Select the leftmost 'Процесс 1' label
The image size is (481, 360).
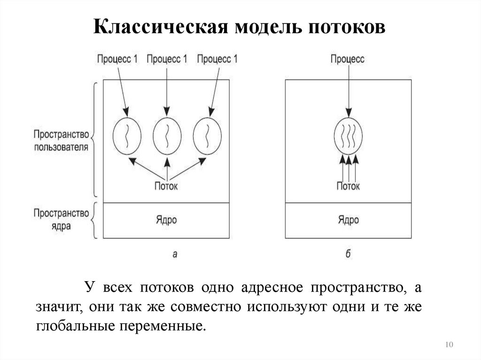117,59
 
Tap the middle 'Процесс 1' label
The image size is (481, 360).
167,59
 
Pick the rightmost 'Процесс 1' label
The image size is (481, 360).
217,59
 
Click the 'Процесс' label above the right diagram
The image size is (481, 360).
348,59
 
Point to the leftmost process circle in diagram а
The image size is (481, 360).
126,136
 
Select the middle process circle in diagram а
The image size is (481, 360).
167,136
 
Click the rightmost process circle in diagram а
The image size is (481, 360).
207,136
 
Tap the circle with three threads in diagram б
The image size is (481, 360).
348,136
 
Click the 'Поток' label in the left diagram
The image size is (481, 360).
166,186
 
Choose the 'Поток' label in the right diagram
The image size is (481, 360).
348,186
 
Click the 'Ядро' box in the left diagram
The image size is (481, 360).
166,220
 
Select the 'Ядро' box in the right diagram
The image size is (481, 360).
348,220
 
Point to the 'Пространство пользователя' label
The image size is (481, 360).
61,141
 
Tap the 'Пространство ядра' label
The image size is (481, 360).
61,219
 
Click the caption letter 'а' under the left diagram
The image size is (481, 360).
175,254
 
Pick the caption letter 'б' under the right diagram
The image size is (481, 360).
348,253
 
